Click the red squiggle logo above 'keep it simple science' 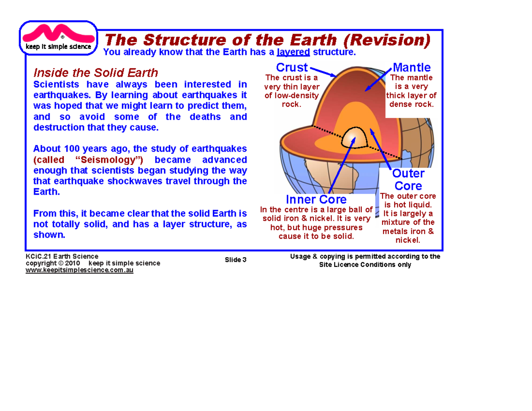tap(57, 33)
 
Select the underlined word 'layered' tap(293, 53)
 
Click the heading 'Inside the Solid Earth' tap(96, 73)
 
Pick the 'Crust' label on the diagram tap(292, 68)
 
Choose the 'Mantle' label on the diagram tap(411, 68)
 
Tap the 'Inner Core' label tap(316, 199)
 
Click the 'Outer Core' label tap(408, 179)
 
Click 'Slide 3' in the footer tap(235, 260)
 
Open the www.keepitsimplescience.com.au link tap(80, 270)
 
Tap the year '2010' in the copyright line tap(72, 263)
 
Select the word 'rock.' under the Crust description tap(291, 104)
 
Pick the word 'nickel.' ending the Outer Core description tap(408, 240)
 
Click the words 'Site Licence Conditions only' tap(365, 265)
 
